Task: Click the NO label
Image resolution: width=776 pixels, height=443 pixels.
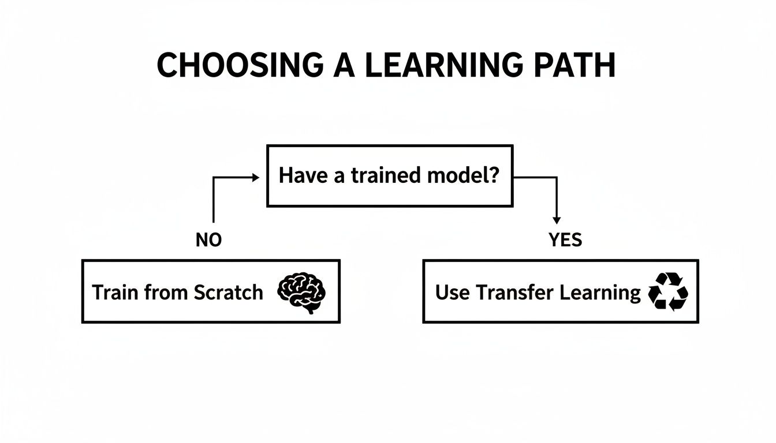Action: (x=208, y=240)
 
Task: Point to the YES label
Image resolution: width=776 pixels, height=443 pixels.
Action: (x=565, y=240)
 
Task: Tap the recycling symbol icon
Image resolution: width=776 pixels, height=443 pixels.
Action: (x=669, y=292)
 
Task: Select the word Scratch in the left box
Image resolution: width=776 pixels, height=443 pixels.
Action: (x=228, y=292)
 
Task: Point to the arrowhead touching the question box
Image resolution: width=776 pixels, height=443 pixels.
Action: (x=256, y=178)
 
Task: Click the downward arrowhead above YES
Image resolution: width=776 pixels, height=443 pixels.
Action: (x=556, y=220)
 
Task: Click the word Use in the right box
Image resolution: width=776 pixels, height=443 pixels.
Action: (x=453, y=292)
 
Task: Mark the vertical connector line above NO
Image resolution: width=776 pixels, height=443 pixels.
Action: (x=214, y=202)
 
